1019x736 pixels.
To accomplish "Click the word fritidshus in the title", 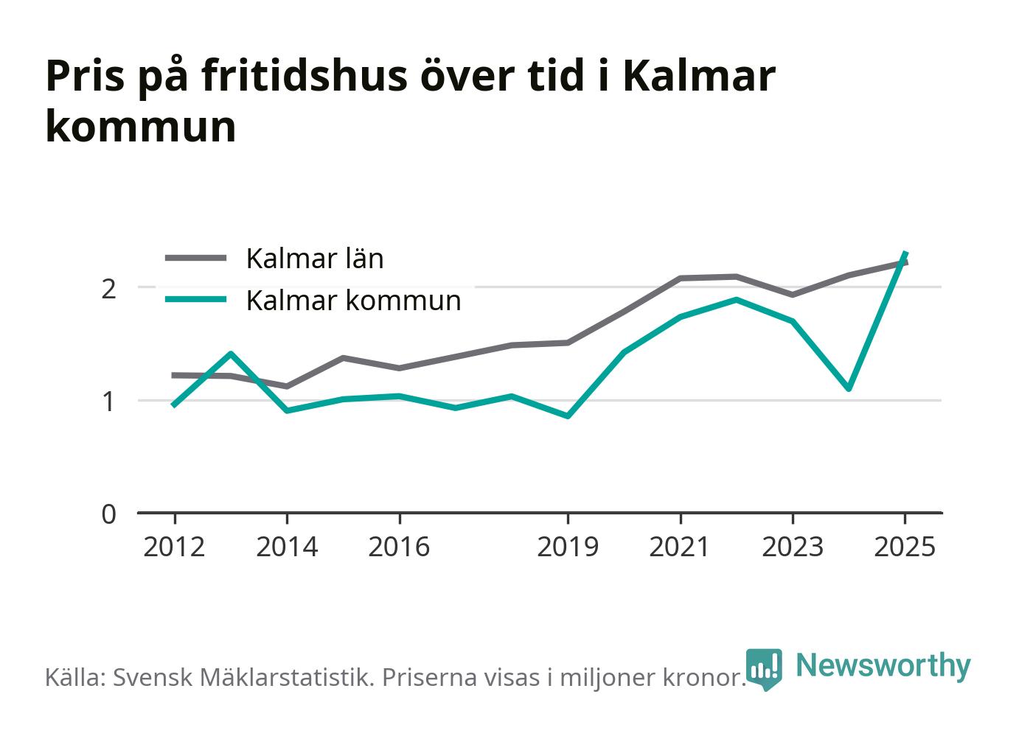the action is (x=305, y=76).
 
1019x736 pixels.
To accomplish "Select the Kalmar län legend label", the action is (x=315, y=259).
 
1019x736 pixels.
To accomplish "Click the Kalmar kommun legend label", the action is (x=354, y=301).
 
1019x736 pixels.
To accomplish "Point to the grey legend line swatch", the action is (x=195, y=258).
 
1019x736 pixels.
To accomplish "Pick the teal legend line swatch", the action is (x=195, y=299).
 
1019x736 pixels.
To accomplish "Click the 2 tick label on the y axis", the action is (x=109, y=289).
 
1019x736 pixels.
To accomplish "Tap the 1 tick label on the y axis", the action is (x=109, y=402).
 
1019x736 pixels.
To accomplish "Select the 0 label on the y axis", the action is (x=109, y=514).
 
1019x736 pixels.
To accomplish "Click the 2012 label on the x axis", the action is (x=174, y=547).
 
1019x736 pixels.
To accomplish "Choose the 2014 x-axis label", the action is (x=287, y=547).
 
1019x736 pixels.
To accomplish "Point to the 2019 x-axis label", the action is (x=568, y=547).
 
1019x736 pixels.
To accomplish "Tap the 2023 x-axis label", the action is (x=793, y=547).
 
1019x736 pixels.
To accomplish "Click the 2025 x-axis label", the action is (x=905, y=547).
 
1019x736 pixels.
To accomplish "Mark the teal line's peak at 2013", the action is (x=231, y=353).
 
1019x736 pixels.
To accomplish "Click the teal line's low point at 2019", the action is (x=568, y=416).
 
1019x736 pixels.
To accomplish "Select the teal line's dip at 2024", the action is (x=849, y=389).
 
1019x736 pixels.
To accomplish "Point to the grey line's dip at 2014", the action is (x=287, y=386).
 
